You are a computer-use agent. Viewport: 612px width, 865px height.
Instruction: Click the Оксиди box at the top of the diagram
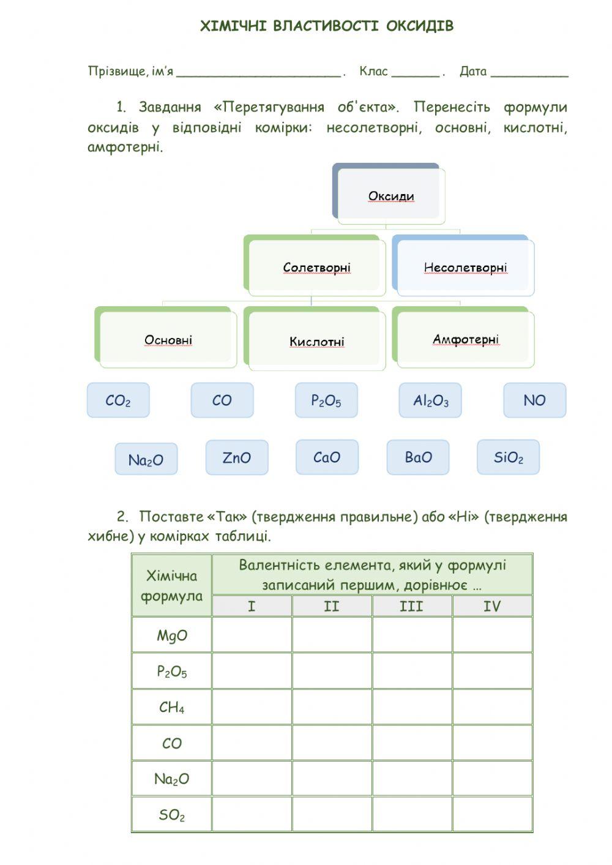point(390,195)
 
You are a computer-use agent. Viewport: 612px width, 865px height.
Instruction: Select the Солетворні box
point(316,267)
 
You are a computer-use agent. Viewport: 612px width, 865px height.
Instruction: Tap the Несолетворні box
point(465,268)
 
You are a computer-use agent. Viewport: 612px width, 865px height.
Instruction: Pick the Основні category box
point(167,340)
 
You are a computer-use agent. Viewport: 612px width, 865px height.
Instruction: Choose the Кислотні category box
point(316,341)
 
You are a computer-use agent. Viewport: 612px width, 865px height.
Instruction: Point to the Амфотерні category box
point(465,339)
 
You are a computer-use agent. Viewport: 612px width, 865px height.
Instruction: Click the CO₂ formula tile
point(118,400)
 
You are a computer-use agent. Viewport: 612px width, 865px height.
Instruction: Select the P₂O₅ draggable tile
point(326,400)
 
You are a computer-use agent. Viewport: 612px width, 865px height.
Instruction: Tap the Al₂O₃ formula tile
point(430,400)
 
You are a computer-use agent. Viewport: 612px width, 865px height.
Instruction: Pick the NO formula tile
point(534,400)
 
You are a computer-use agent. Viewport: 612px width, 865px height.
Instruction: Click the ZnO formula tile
point(237,457)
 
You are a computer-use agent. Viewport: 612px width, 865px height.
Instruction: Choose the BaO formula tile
point(418,457)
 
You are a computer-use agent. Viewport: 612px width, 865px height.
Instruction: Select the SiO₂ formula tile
point(508,457)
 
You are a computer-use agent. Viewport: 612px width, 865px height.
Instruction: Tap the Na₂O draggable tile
point(146,459)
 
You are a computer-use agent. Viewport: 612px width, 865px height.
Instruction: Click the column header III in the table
point(411,606)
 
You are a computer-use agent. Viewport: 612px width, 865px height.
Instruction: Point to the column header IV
point(492,606)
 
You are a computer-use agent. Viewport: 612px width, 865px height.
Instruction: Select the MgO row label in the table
point(172,635)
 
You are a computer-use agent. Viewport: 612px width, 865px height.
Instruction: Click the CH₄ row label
point(172,707)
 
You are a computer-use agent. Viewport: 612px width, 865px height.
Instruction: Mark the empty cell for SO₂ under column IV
point(492,814)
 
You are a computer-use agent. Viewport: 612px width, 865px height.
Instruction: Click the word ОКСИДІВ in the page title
point(420,26)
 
